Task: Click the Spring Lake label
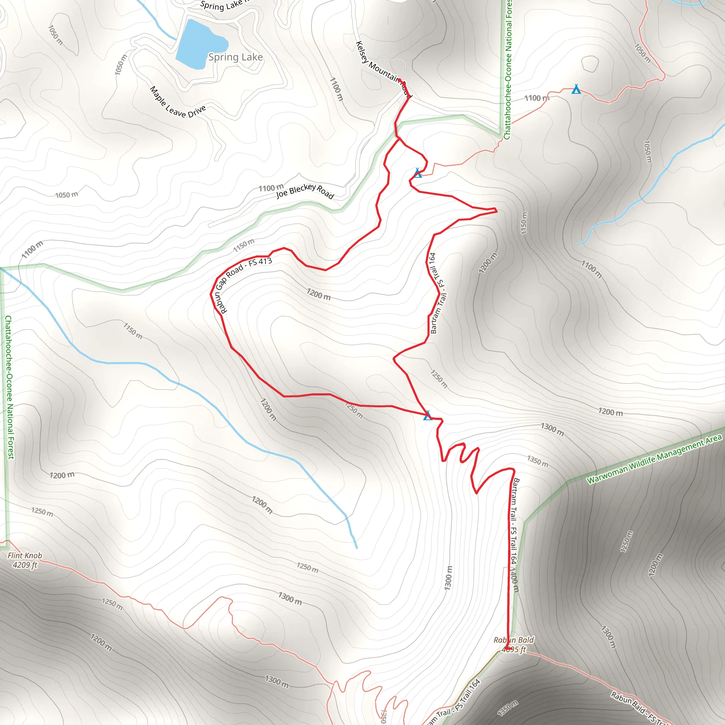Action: click(235, 57)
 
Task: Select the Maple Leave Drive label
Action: click(177, 102)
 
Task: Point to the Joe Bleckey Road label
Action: click(305, 191)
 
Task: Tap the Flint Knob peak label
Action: click(25, 555)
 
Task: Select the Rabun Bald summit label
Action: click(513, 640)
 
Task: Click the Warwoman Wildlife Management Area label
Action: click(654, 459)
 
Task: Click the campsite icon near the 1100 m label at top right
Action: click(576, 90)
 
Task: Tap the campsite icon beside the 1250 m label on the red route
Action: click(428, 416)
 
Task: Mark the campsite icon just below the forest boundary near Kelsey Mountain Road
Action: click(418, 173)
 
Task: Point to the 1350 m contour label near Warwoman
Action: click(537, 461)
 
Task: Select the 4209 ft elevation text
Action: click(25, 565)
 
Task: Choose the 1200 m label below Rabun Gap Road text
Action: click(319, 294)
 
